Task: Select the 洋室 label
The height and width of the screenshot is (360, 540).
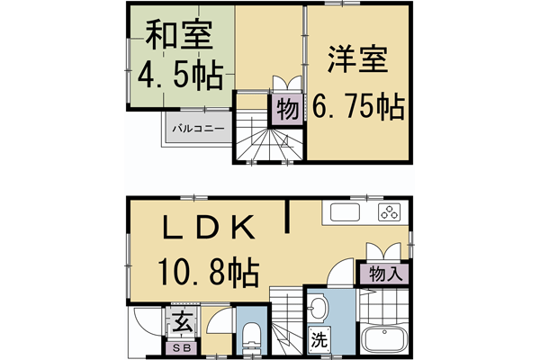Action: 357,64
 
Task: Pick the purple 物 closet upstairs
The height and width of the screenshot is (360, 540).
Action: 287,110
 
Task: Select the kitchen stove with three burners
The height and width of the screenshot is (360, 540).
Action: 390,213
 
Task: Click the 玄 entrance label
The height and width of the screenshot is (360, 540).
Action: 179,321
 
